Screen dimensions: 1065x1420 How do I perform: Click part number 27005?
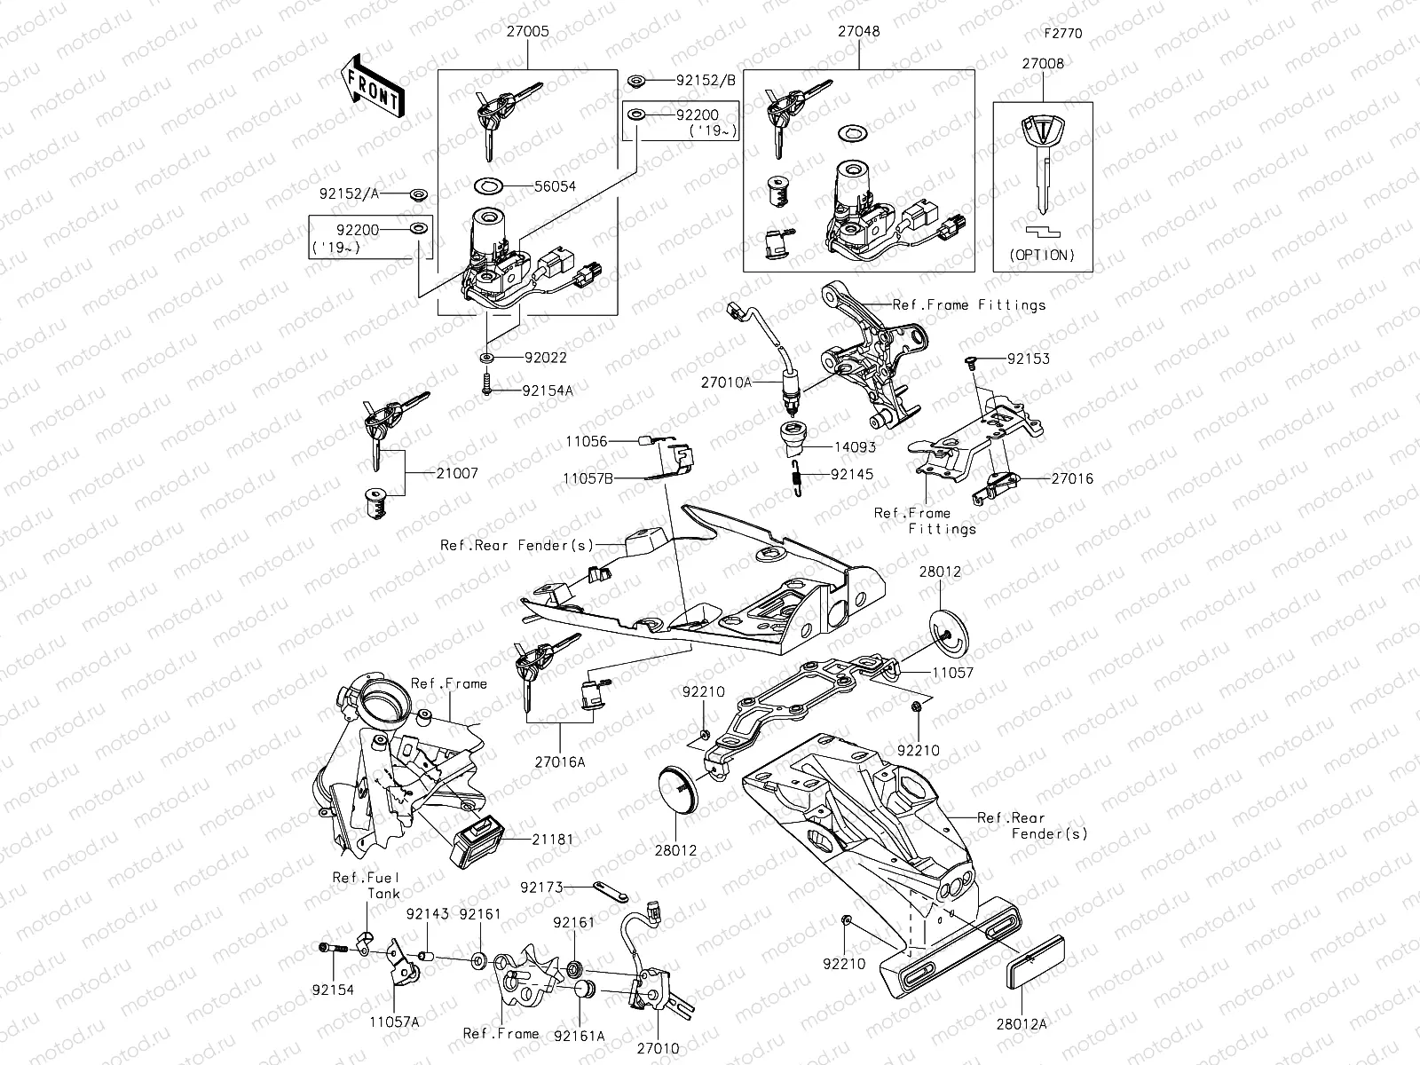527,31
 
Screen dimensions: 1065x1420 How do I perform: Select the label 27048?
858,31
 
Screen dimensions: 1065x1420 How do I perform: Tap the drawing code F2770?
1063,34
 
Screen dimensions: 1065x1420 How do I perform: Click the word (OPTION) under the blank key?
1043,255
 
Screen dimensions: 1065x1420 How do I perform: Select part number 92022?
545,358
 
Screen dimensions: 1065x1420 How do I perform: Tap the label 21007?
457,474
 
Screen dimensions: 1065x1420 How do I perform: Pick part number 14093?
854,447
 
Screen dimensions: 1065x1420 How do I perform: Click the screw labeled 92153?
972,359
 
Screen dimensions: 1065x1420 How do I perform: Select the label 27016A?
561,761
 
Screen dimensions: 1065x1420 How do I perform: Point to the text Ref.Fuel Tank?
367,885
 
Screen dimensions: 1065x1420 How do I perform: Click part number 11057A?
394,1022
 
